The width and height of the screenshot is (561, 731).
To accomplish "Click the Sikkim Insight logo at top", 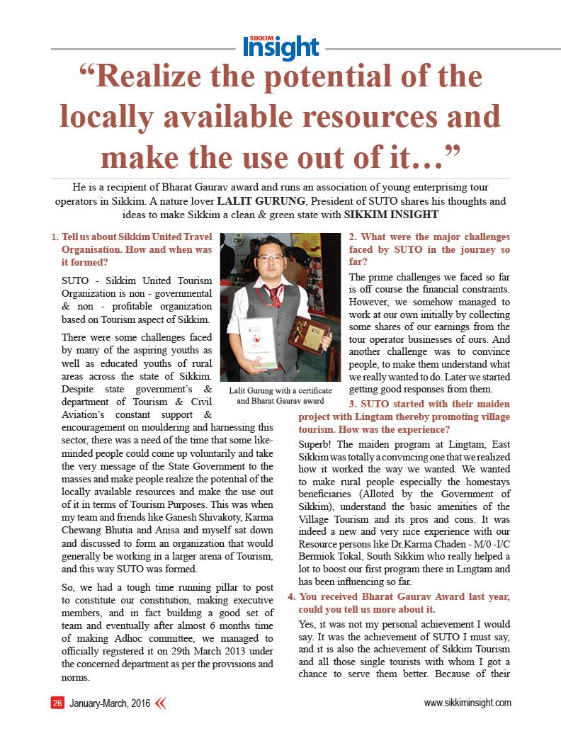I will point(280,47).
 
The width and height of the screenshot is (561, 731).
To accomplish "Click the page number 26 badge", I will point(57,703).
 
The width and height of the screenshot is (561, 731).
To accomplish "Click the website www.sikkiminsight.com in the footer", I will point(467,703).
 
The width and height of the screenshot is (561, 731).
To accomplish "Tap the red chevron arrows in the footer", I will point(160,703).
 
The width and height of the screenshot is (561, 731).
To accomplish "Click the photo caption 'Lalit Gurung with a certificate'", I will point(280,391).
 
